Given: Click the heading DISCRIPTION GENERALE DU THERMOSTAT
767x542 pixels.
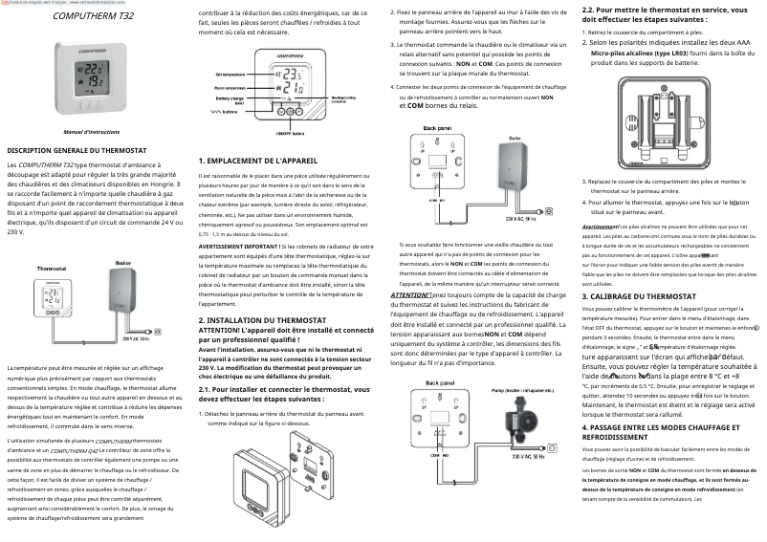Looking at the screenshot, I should [77, 151].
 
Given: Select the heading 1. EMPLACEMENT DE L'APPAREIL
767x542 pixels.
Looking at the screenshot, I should [257, 162].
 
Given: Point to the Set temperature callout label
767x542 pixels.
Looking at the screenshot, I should [230, 74].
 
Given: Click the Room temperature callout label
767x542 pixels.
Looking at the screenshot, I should [230, 87].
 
